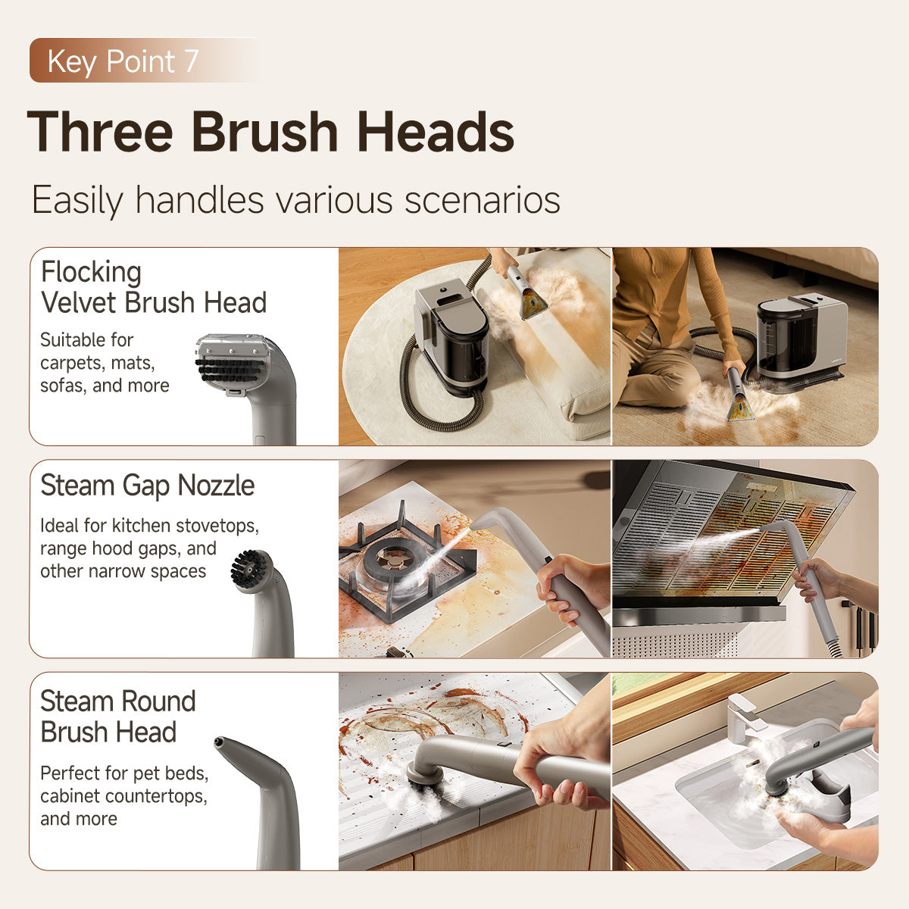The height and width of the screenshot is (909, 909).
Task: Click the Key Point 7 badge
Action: pos(123,61)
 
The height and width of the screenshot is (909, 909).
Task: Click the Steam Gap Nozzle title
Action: pos(147,486)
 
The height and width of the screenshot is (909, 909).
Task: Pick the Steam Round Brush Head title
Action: pos(117,717)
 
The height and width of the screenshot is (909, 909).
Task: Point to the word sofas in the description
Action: pos(63,386)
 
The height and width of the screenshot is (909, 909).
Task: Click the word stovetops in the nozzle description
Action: pos(220,526)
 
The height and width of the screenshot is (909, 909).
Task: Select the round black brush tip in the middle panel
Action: pos(248,569)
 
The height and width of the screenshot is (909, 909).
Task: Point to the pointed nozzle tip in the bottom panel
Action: pos(220,743)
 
